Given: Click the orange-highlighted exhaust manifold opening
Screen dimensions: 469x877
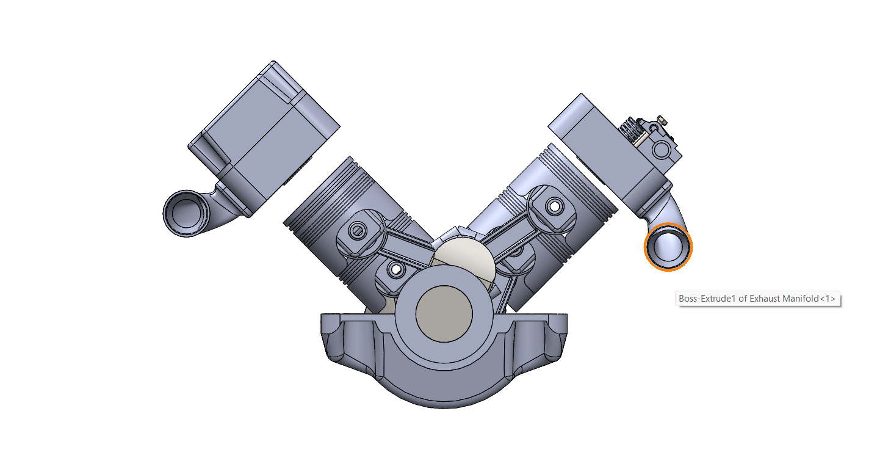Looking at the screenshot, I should [669, 246].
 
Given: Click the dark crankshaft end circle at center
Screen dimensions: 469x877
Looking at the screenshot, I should [444, 312].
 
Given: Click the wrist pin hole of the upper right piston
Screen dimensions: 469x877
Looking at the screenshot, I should [554, 206].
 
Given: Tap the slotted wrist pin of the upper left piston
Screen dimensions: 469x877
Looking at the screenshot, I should [358, 231].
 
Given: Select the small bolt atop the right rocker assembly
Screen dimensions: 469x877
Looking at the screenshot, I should [661, 119].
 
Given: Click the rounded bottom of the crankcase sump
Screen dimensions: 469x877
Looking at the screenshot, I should [444, 391].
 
